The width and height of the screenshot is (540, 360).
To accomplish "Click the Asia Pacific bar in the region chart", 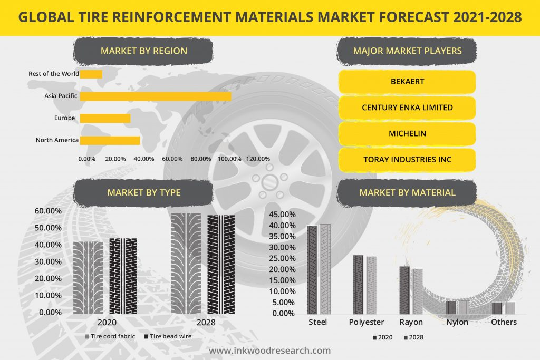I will [x=156, y=96].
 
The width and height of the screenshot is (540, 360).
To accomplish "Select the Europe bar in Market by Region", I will [x=105, y=118].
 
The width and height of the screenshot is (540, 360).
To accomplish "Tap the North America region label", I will [x=57, y=140].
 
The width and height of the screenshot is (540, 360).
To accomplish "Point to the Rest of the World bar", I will [x=91, y=74].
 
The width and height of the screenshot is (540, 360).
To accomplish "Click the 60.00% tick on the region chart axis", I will [x=172, y=159].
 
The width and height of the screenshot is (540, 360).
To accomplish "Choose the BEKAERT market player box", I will [x=407, y=82].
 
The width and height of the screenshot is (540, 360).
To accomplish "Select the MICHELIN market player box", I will [x=407, y=133].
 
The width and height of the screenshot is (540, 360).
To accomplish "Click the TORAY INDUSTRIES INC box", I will [x=407, y=159].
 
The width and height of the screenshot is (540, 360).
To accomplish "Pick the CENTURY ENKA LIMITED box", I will [x=407, y=108].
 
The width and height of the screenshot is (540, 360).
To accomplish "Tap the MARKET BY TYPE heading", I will [x=143, y=193].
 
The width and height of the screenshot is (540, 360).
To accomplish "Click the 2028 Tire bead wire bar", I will [x=220, y=264].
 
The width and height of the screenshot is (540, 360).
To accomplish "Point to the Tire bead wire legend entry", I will [x=168, y=336].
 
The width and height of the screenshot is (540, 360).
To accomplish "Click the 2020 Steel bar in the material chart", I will [x=312, y=269].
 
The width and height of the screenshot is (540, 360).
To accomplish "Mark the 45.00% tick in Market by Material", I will [x=283, y=215].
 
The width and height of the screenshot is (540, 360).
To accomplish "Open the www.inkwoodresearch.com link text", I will [x=270, y=351].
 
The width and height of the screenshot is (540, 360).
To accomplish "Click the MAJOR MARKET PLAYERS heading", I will [x=407, y=51].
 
